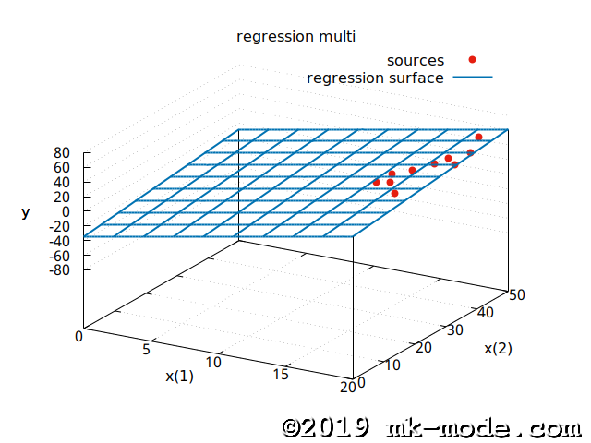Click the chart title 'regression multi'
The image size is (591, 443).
pos(295,36)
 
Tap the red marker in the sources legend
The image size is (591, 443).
pos(472,60)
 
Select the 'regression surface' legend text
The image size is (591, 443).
pos(375,78)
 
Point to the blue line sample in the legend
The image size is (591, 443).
pos(472,78)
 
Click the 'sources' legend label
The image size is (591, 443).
pos(416,60)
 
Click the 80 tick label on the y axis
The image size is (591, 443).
pos(62,152)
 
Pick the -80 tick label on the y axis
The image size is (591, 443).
pos(60,270)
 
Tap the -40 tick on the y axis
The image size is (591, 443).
pos(60,241)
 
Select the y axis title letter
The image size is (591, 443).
pos(26,213)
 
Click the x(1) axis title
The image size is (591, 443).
pos(179,376)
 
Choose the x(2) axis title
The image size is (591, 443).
pos(498,348)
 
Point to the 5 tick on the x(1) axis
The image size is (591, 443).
pos(146,350)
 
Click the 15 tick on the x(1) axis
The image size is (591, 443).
pos(283,373)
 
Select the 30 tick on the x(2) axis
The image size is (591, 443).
pos(452,329)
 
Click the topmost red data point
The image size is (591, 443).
pos(478,137)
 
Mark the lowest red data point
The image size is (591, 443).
pos(394,193)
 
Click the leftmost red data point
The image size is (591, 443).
pos(376,182)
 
